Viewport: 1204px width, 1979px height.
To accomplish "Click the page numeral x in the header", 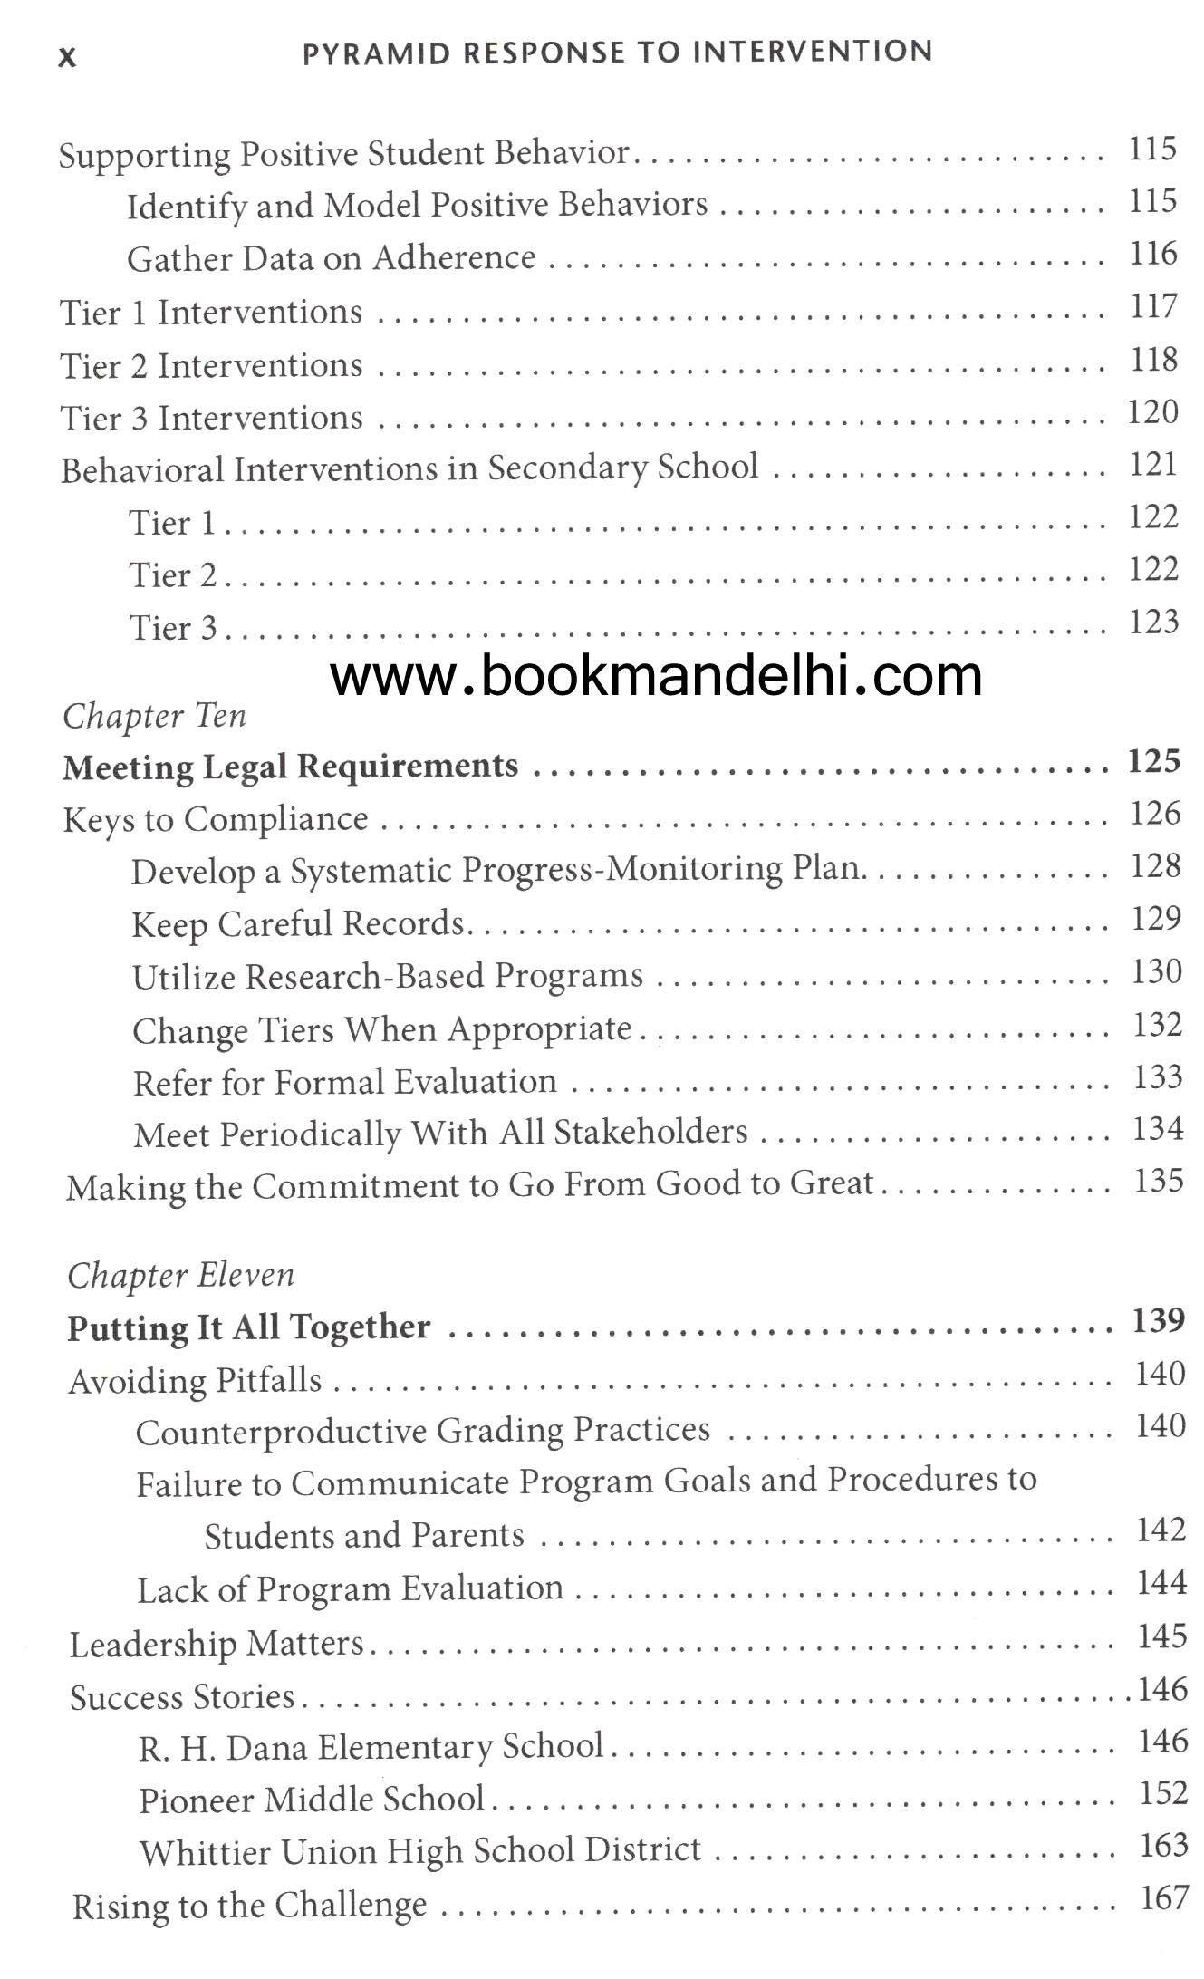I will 67,57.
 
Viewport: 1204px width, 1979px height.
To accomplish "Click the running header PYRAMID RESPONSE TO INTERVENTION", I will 617,53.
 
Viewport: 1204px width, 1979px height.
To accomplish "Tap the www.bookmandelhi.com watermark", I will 656,676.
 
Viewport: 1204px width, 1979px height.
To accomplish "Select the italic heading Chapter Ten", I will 155,717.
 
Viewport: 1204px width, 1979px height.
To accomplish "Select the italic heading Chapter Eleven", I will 181,1276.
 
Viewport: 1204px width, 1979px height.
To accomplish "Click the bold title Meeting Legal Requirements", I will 291,767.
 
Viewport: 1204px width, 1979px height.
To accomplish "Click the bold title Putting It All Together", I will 249,1327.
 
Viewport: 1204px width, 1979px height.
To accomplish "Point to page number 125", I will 1153,761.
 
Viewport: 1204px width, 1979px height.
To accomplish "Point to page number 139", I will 1159,1321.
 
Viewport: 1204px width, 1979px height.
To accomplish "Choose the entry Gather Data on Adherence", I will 332,259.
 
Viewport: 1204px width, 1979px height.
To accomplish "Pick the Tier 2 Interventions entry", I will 211,366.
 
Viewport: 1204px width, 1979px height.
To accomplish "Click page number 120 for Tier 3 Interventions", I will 1152,413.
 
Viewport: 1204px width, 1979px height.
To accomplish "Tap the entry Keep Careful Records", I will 298,924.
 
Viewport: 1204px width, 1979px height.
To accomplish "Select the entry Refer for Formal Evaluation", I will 345,1083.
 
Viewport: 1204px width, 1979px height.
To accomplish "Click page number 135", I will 1159,1181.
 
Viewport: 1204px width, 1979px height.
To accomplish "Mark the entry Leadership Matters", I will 217,1645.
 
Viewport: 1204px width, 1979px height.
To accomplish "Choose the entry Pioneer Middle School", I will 313,1800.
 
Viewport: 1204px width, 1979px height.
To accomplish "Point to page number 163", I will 1164,1846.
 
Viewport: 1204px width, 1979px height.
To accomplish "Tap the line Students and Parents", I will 364,1536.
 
